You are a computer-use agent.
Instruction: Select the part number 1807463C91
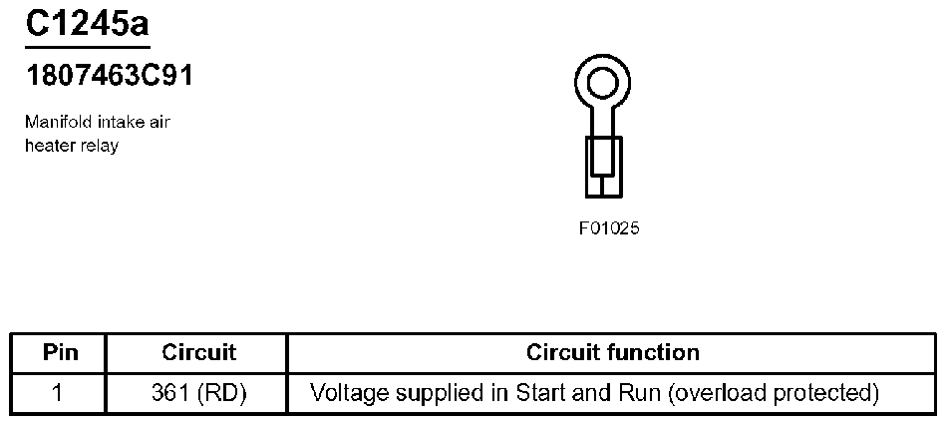pyautogui.click(x=109, y=77)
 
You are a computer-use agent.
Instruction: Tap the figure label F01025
pyautogui.click(x=608, y=228)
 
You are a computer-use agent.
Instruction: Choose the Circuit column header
pyautogui.click(x=198, y=352)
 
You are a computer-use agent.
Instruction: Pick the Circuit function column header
pyautogui.click(x=612, y=352)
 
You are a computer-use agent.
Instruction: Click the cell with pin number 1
pyautogui.click(x=59, y=393)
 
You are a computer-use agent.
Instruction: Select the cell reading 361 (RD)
pyautogui.click(x=198, y=393)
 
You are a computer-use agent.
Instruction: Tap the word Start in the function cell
pyautogui.click(x=539, y=393)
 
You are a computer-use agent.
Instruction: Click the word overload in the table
pyautogui.click(x=713, y=393)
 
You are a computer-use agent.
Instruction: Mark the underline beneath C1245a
pyautogui.click(x=88, y=46)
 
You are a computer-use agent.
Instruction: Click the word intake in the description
pyautogui.click(x=116, y=123)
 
